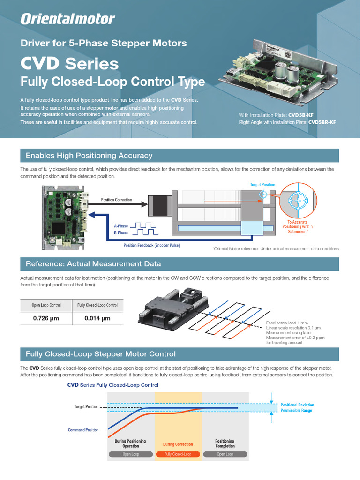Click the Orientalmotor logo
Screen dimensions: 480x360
[67, 19]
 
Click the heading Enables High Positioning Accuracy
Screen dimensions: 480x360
[89, 156]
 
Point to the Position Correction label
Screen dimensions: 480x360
[117, 200]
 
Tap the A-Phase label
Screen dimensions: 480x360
[121, 226]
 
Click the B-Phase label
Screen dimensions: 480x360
[121, 233]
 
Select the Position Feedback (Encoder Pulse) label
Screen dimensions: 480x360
[151, 245]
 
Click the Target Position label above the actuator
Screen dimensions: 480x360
[262, 185]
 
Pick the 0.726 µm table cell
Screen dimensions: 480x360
[46, 319]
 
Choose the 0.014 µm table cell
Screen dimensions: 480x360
[97, 319]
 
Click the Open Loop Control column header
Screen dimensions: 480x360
[46, 305]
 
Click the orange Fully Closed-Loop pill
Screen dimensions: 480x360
[178, 454]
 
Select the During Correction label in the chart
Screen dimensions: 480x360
[178, 444]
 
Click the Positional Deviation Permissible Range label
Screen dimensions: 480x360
[297, 407]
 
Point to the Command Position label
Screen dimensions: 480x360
[83, 430]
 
